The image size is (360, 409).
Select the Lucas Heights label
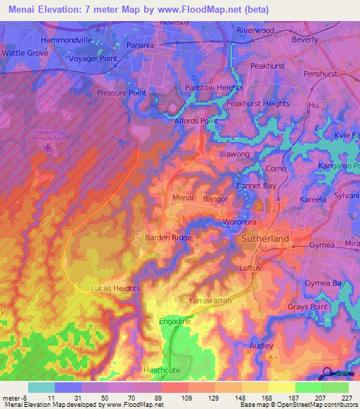click(x=115, y=289)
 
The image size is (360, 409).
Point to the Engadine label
click(x=175, y=320)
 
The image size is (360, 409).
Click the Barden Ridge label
click(x=168, y=238)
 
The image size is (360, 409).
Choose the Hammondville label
click(x=67, y=41)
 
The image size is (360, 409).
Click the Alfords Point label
click(x=195, y=121)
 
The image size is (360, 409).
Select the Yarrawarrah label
click(x=211, y=301)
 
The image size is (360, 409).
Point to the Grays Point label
click(x=308, y=308)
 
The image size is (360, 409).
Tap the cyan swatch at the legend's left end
click(x=41, y=387)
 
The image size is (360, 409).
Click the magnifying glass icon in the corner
click(x=327, y=373)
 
